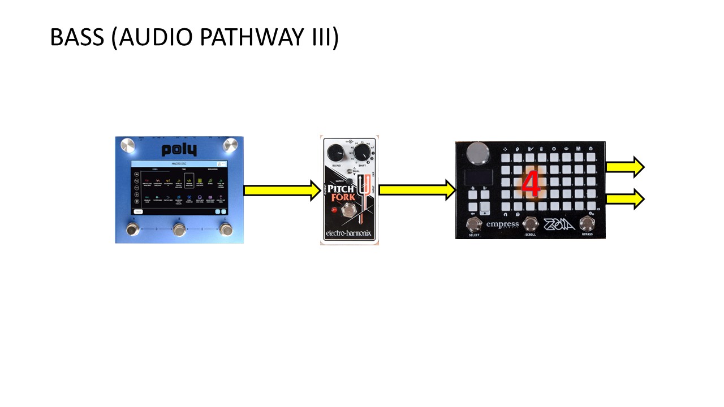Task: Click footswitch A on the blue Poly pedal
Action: [133, 230]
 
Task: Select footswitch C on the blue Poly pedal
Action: [226, 230]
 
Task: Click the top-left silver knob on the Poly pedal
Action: [128, 146]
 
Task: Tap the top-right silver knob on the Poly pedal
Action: [231, 145]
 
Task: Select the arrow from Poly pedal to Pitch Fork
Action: [282, 190]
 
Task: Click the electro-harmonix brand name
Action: [349, 234]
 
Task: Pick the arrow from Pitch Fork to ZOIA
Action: [417, 190]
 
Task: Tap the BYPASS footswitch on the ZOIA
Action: [587, 224]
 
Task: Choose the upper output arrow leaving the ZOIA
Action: [624, 167]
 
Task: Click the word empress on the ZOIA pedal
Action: [502, 224]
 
